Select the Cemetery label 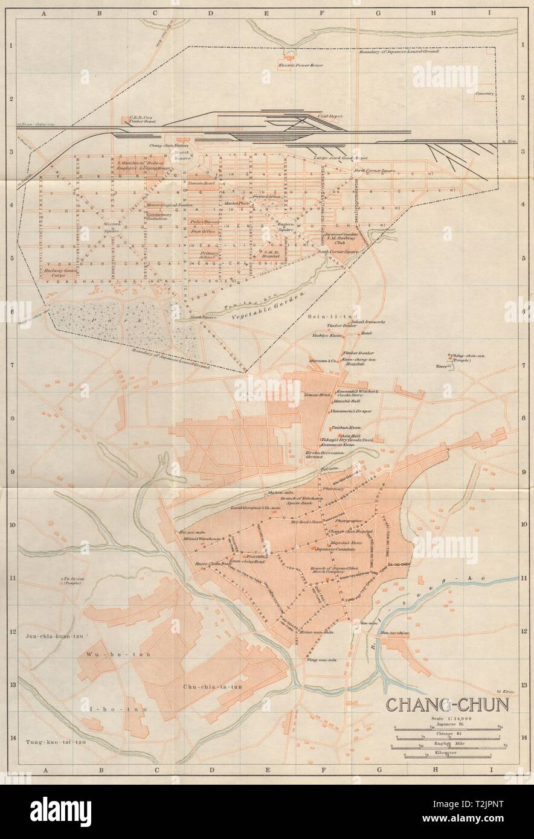click(484, 94)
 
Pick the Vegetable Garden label click(271, 307)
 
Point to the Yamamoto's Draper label click(350, 411)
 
